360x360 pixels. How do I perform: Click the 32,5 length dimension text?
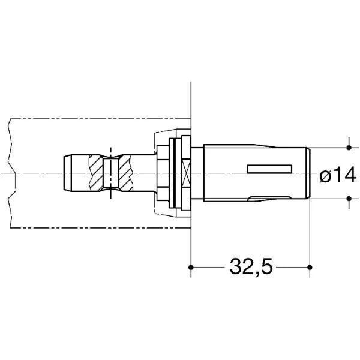[251, 266]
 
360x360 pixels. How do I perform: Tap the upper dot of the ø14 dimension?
[349, 147]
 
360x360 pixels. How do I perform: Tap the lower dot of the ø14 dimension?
[349, 199]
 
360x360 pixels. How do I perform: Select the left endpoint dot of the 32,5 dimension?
[190, 266]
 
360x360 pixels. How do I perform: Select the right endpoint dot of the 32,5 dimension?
[309, 266]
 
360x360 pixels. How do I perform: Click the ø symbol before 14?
[325, 176]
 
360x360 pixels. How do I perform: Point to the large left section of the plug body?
[225, 173]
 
